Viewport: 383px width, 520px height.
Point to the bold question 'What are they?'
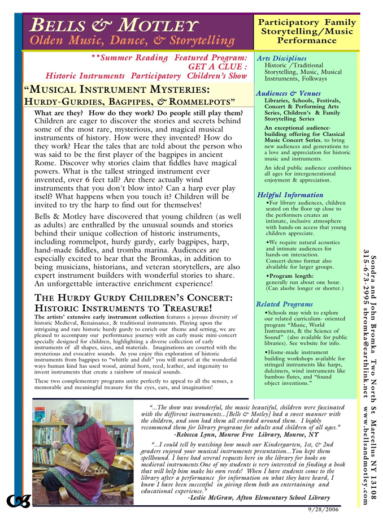pos(61,113)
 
